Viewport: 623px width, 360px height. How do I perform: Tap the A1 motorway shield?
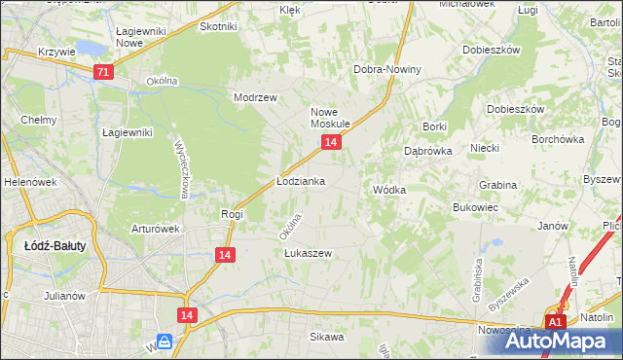555,322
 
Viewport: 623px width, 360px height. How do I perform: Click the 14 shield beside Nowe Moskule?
331,142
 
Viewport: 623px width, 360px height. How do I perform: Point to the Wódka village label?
388,190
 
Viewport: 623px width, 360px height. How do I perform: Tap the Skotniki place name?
218,26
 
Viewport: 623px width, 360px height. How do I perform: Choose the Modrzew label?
256,97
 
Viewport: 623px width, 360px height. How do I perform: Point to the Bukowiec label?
476,207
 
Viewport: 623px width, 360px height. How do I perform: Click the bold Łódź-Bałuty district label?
55,246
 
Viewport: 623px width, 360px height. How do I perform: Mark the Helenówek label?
29,182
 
